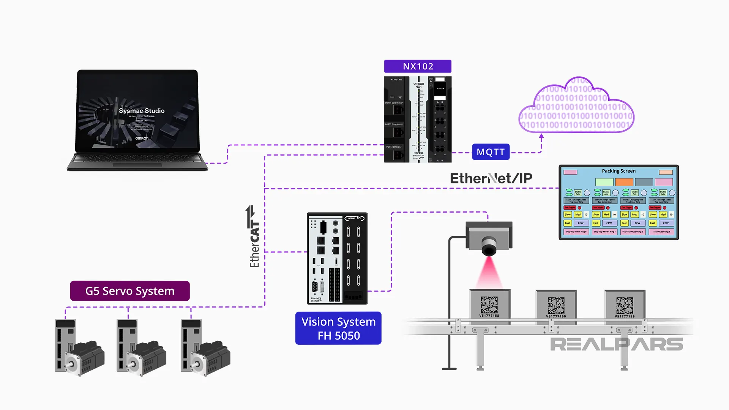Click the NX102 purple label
point(418,66)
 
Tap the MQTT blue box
point(491,152)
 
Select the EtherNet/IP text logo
point(491,178)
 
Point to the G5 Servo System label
point(130,291)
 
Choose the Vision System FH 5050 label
point(338,328)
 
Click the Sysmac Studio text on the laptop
point(142,110)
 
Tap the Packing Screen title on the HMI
point(619,171)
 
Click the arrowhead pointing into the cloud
point(541,136)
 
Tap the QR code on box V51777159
point(625,305)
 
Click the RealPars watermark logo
point(616,344)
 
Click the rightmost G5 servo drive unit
point(190,344)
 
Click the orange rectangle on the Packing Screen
point(624,182)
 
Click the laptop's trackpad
point(137,165)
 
